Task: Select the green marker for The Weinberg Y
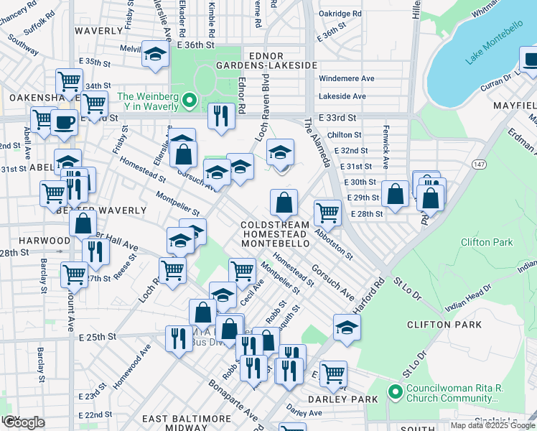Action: tap(190, 101)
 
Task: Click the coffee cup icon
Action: tap(64, 123)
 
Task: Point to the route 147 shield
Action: tap(479, 164)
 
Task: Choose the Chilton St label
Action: tap(344, 135)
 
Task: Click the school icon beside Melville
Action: tap(154, 55)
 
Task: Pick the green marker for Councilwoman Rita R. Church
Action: tap(393, 392)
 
